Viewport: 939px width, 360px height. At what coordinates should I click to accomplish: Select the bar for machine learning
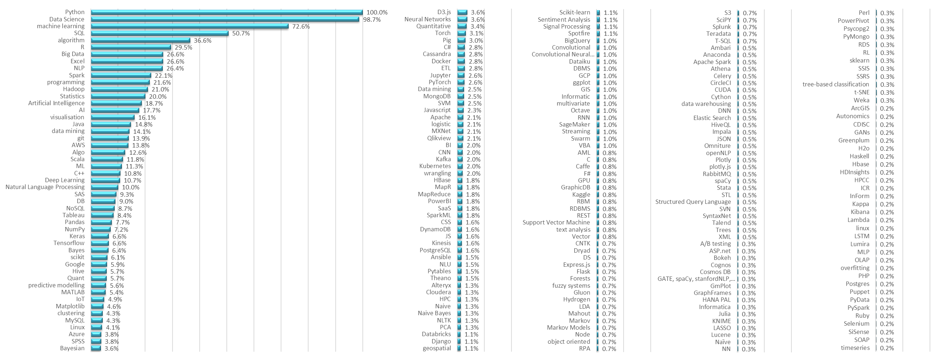pos(190,26)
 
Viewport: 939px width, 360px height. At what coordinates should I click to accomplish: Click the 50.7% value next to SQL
pos(241,34)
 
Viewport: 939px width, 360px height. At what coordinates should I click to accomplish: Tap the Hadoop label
pos(74,89)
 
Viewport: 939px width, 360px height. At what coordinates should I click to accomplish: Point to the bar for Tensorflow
pos(99,243)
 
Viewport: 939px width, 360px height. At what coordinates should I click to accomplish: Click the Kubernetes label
pos(435,166)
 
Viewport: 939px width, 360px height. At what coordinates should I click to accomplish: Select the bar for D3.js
pos(462,12)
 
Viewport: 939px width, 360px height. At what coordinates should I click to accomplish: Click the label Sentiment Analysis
pos(564,20)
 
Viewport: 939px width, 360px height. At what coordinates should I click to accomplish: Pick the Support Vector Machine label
pos(556,222)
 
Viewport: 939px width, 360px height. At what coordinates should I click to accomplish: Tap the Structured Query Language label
pos(693,202)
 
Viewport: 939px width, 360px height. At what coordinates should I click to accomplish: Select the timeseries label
pos(855,348)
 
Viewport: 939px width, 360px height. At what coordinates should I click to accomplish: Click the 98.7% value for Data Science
pos(372,20)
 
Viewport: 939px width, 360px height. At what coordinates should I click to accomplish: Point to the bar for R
pos(131,47)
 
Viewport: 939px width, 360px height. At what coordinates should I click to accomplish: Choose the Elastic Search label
pos(711,118)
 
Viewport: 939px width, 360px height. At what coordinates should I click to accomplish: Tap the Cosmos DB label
pos(715,272)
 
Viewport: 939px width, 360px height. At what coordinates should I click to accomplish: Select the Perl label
pos(863,13)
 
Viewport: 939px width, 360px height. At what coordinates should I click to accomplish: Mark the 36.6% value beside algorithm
pos(203,40)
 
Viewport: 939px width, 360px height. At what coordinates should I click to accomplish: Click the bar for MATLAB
pos(98,292)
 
